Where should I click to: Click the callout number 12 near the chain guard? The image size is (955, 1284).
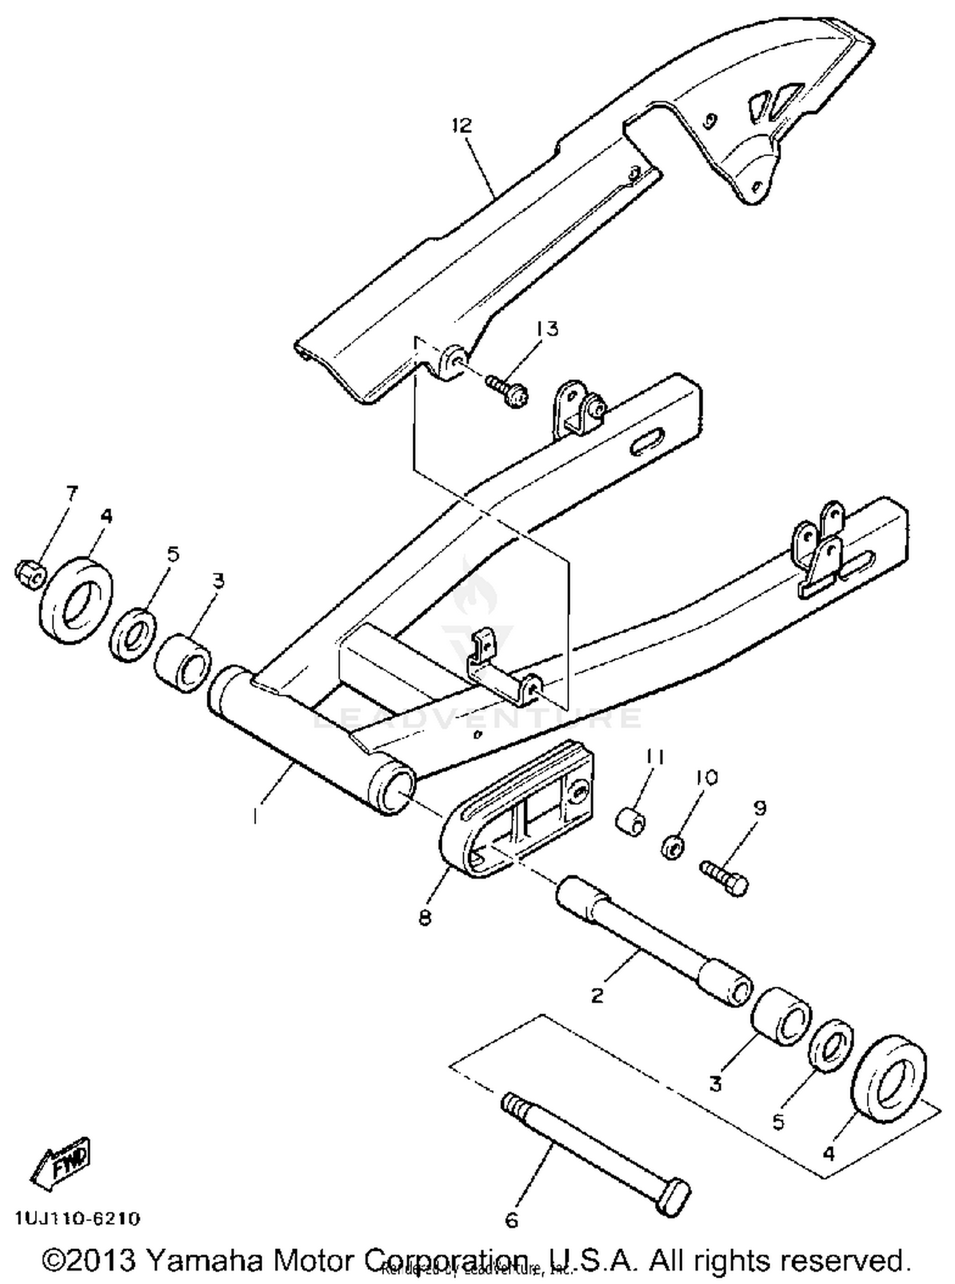point(462,125)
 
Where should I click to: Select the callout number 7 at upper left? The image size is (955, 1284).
point(71,492)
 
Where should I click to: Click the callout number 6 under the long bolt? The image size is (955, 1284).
point(512,1220)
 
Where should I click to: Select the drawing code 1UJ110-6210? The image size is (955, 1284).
point(77,1219)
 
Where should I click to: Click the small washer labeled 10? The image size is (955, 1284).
point(672,847)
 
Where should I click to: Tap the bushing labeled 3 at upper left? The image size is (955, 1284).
point(184,662)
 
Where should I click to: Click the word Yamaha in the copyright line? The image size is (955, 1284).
point(205,1260)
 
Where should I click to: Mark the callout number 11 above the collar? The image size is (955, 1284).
point(656,757)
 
